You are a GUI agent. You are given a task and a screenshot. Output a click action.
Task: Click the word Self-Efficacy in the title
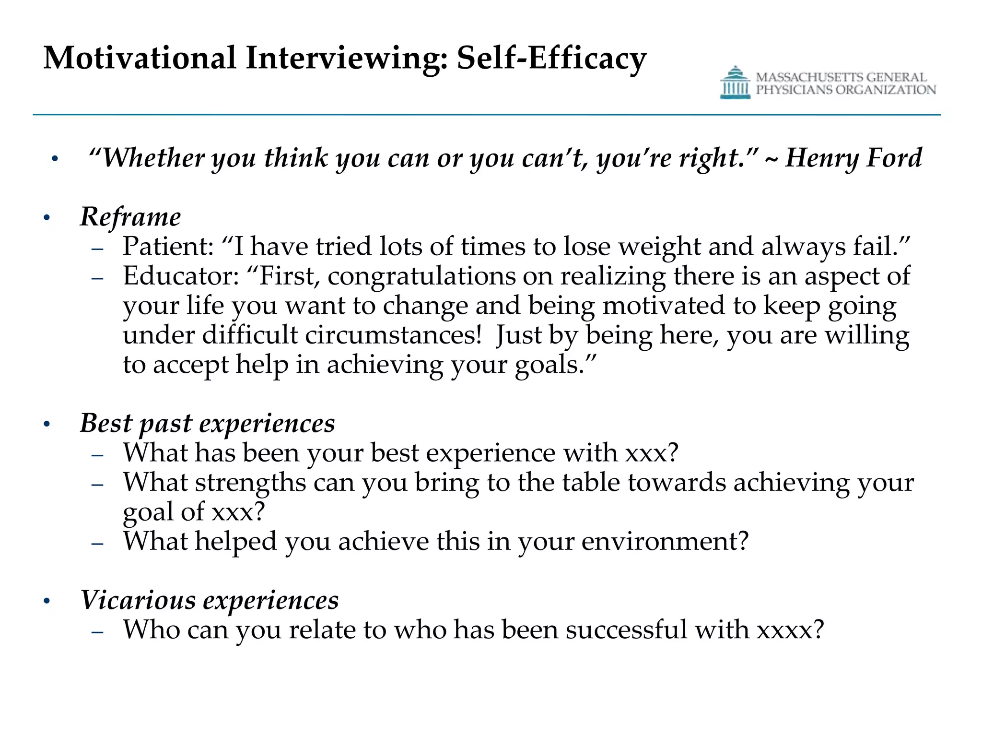click(551, 59)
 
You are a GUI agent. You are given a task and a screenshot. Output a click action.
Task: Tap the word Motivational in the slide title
click(140, 59)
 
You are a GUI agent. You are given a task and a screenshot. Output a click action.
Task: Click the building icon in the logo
click(735, 83)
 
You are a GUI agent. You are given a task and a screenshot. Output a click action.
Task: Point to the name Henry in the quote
click(819, 158)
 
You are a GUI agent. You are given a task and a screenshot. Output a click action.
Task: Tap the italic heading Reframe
click(130, 217)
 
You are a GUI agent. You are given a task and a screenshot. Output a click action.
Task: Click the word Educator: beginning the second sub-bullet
click(181, 276)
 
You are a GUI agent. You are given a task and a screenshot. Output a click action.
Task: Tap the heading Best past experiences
click(207, 423)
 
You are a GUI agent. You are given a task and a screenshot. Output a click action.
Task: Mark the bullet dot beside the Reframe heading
click(47, 218)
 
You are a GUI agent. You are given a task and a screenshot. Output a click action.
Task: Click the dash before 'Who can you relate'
click(97, 632)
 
